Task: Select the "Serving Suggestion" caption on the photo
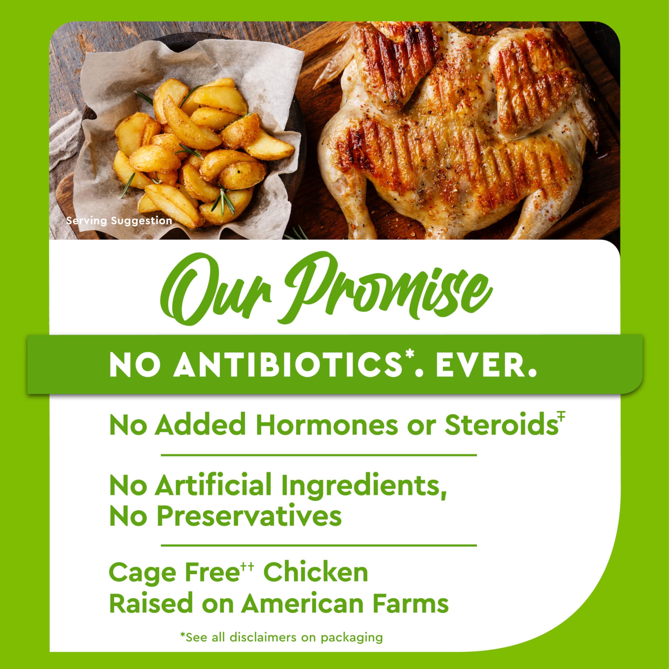click(x=119, y=221)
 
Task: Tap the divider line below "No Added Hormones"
click(x=319, y=455)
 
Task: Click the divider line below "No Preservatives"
click(x=319, y=545)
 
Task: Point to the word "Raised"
click(x=151, y=604)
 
